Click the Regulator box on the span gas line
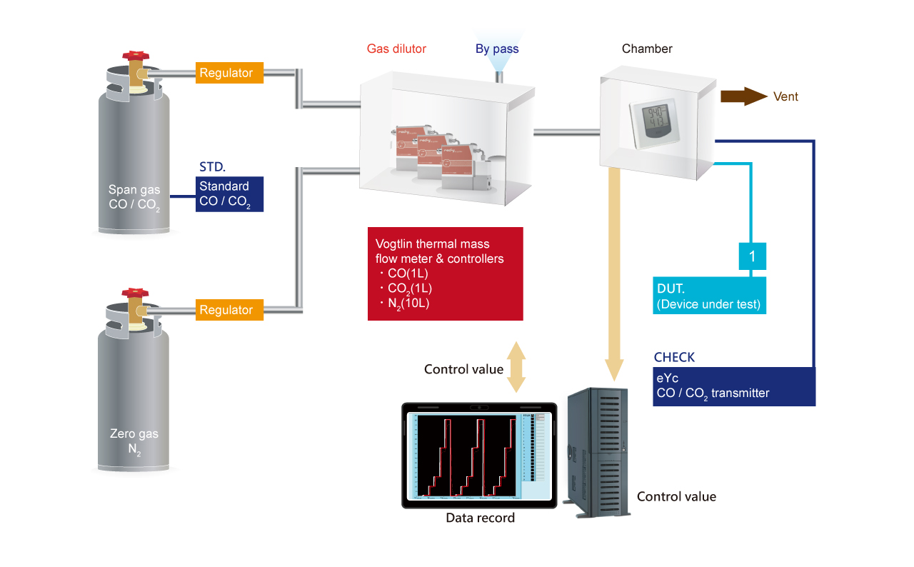click(x=226, y=73)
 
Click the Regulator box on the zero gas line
click(x=226, y=310)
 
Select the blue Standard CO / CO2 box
click(x=230, y=194)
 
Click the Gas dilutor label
click(x=396, y=49)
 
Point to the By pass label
click(x=497, y=49)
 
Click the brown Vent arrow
click(x=743, y=96)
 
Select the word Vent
click(x=786, y=96)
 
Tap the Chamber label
click(x=647, y=49)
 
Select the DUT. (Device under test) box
click(x=710, y=296)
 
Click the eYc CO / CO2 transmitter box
click(x=734, y=386)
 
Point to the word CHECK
click(x=674, y=357)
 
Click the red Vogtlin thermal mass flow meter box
click(x=446, y=274)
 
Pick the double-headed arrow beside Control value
click(x=516, y=367)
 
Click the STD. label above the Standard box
click(x=212, y=168)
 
